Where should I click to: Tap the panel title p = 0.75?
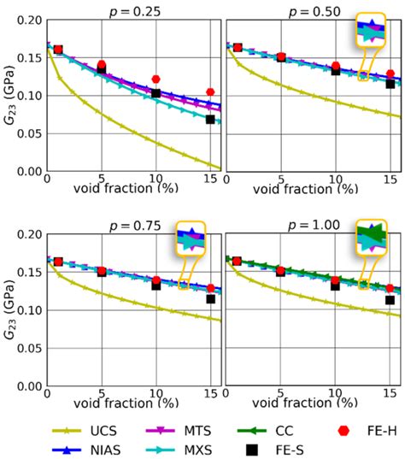point(133,225)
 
